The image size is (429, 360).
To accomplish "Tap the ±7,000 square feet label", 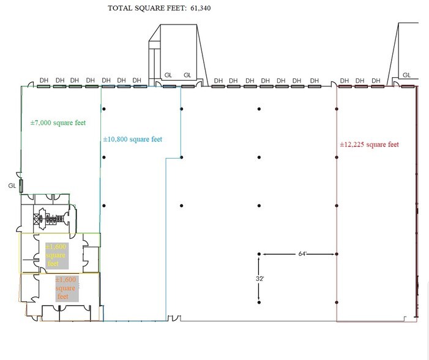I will [x=58, y=122].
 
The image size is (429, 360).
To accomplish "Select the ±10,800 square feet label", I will [x=133, y=140].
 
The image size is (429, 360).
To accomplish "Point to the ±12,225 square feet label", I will [x=370, y=145].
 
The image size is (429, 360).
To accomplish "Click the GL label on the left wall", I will [x=12, y=185].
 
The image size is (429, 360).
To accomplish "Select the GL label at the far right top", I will [x=406, y=75].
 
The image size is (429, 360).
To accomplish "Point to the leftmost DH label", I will [x=44, y=80].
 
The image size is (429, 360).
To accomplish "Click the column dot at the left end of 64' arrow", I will [x=259, y=253].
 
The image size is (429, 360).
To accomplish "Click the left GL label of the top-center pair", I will [x=168, y=75].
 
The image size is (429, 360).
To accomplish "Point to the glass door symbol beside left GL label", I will [x=21, y=186].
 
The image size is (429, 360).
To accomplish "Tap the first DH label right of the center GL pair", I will [x=218, y=80].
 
